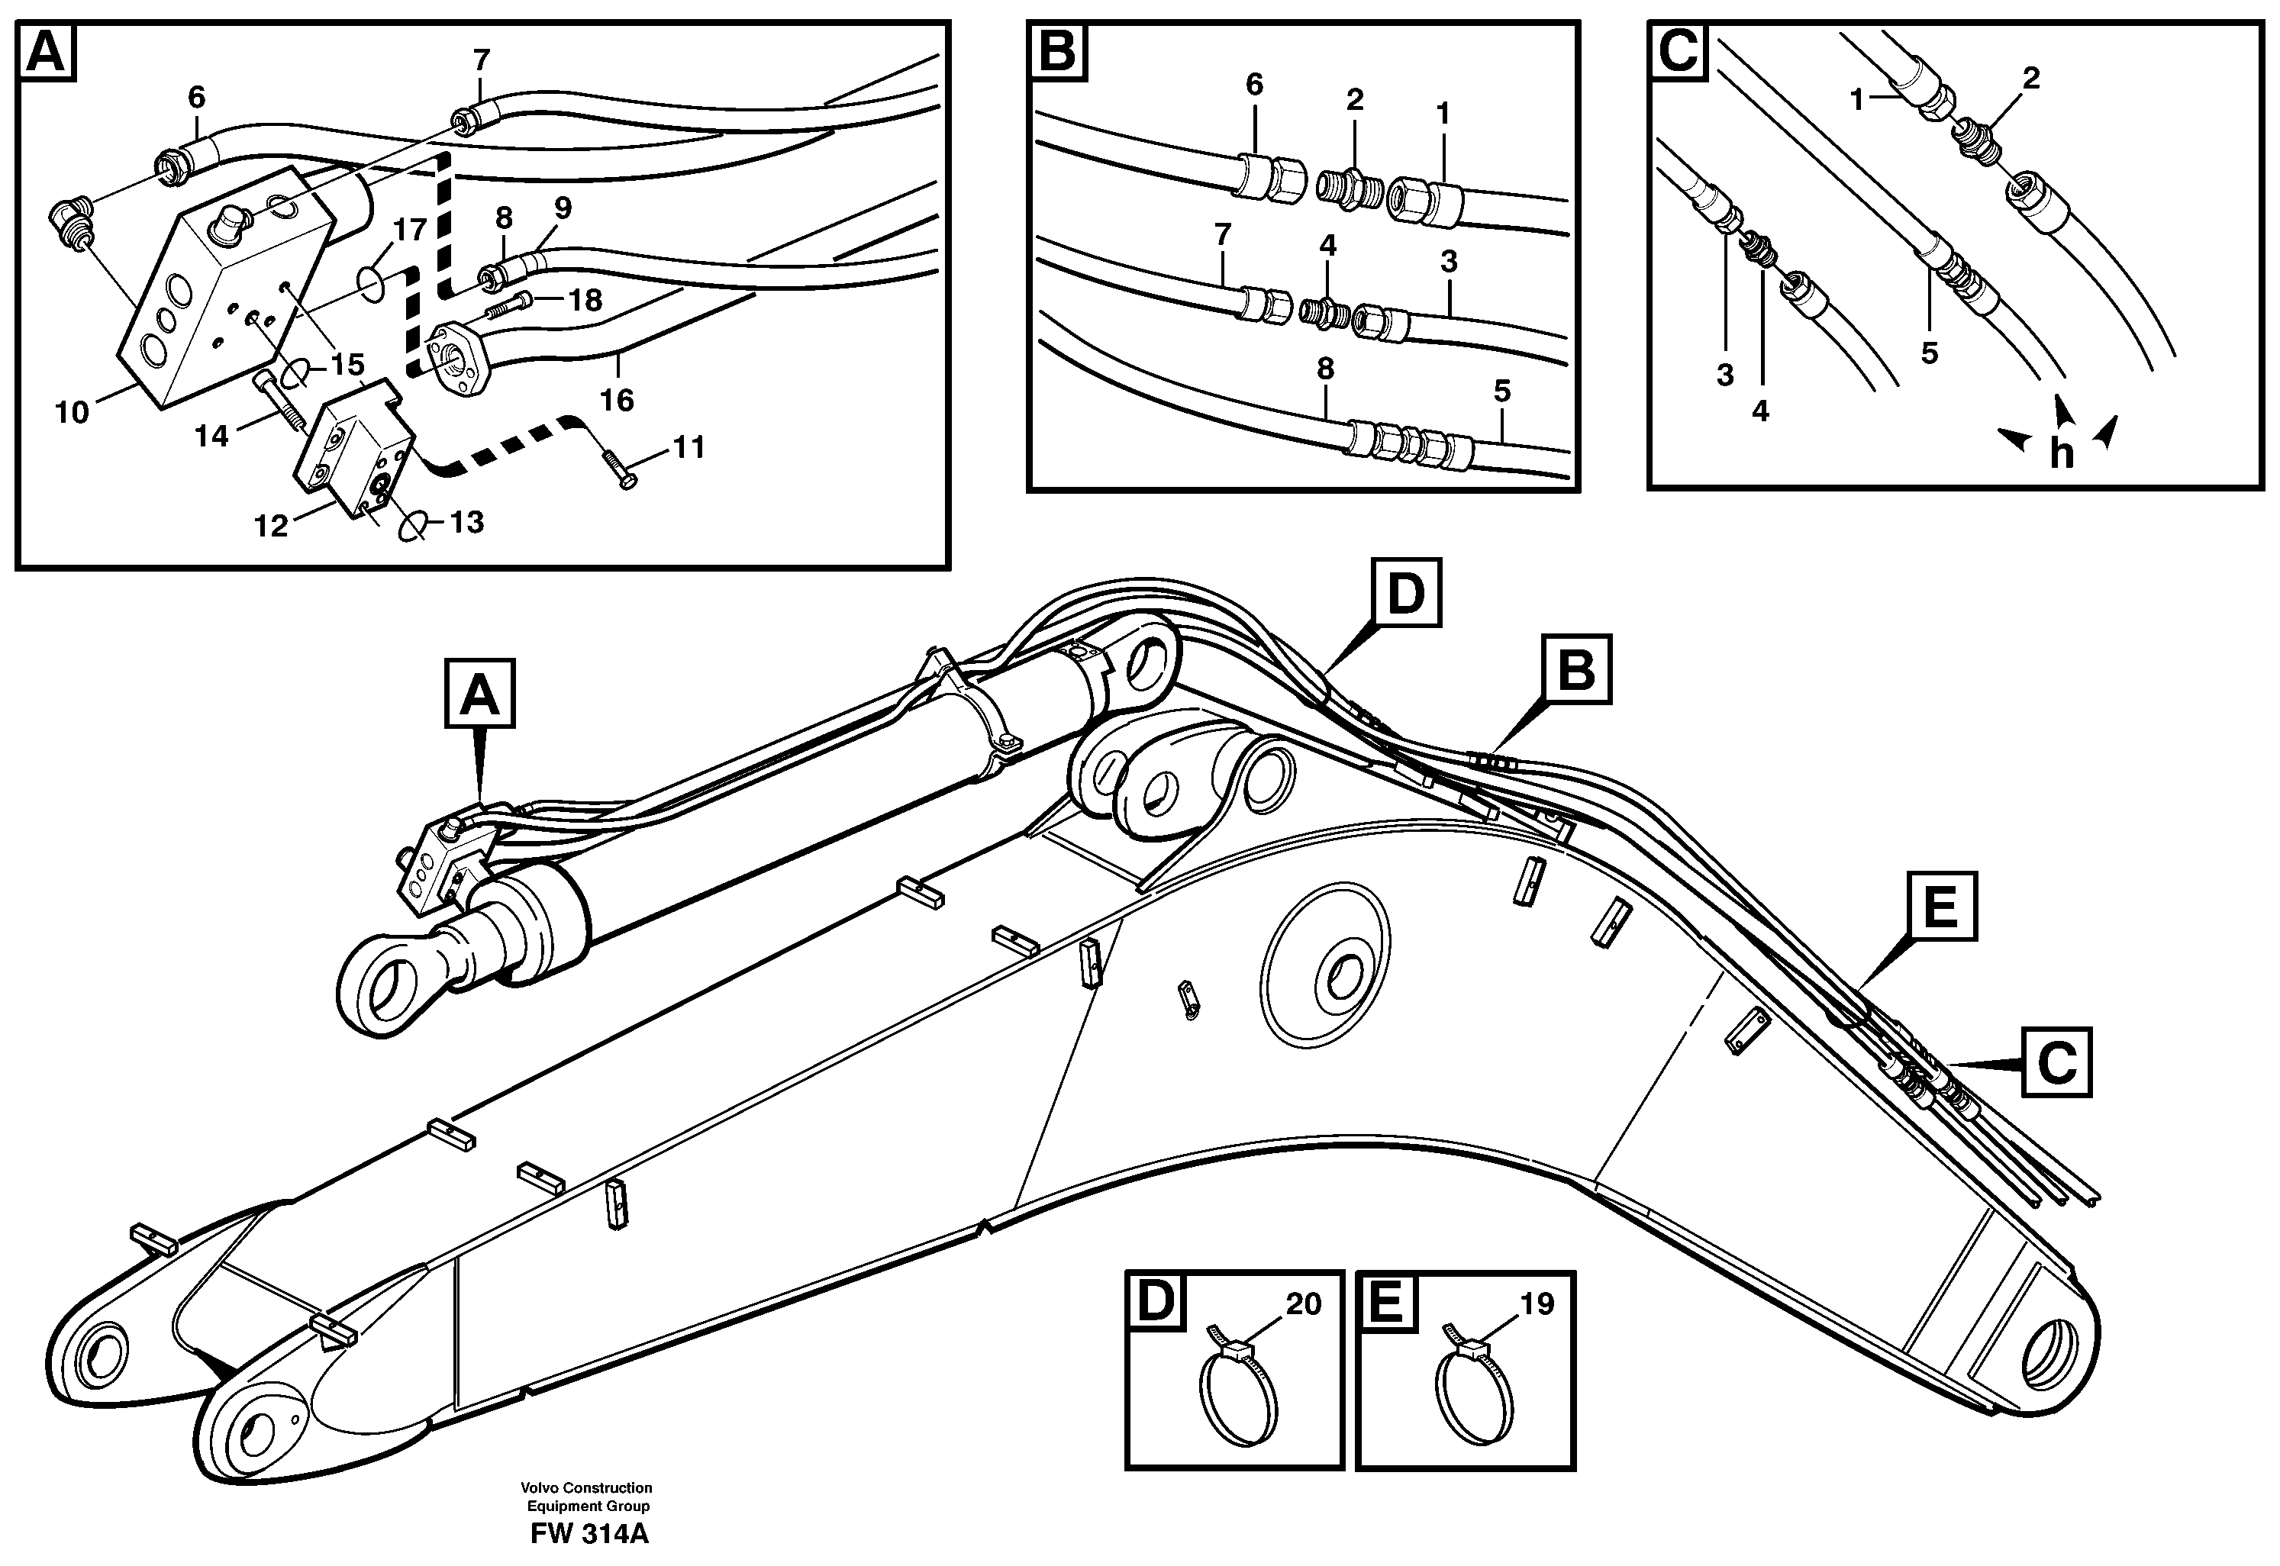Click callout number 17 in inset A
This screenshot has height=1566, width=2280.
click(410, 230)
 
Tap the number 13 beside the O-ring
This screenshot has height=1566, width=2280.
click(467, 522)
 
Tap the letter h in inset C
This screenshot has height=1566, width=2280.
click(2061, 453)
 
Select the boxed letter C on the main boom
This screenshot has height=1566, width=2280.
click(2056, 1062)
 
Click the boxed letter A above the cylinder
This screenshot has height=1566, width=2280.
click(479, 694)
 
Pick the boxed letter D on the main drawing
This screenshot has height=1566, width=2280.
click(1405, 593)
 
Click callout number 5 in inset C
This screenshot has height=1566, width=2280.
click(1929, 353)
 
